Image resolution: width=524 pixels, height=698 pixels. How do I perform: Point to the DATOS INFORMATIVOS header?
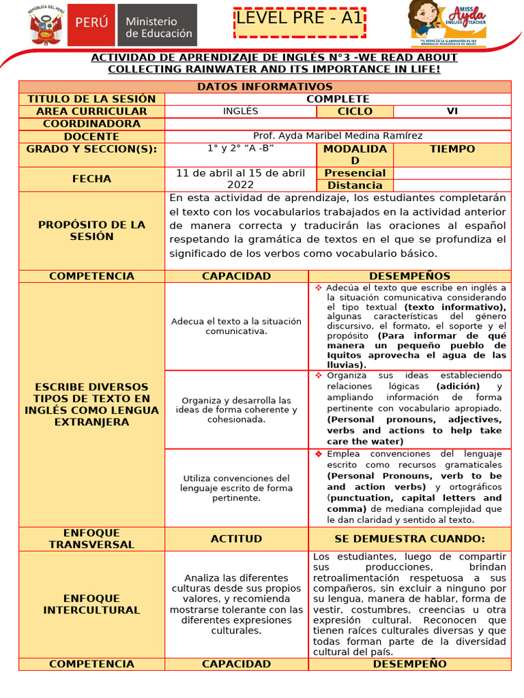click(x=265, y=87)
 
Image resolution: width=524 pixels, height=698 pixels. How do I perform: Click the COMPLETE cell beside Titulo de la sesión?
click(x=338, y=99)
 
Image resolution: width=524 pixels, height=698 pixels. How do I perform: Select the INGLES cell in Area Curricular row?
click(x=240, y=112)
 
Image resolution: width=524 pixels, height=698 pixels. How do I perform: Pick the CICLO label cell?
click(x=355, y=112)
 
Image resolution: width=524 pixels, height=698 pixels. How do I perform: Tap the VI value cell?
click(x=452, y=112)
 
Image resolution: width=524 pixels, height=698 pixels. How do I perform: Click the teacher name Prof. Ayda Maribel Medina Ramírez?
click(x=338, y=136)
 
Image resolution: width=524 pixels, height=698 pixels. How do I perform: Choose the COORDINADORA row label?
click(x=91, y=124)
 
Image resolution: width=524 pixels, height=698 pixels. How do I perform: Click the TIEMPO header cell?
click(x=452, y=149)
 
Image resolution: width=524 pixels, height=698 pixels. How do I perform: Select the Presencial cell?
click(x=355, y=173)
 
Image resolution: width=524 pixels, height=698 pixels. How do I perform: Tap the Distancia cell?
click(x=355, y=185)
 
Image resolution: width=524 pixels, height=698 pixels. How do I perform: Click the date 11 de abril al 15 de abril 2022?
click(x=240, y=179)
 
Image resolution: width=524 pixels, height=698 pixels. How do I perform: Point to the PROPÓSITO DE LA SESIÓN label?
click(x=91, y=230)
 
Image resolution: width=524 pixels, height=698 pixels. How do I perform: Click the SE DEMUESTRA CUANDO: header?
click(x=409, y=538)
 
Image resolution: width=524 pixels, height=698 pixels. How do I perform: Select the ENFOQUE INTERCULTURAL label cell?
click(x=91, y=604)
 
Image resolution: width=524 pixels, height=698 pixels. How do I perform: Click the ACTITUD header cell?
click(x=236, y=538)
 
